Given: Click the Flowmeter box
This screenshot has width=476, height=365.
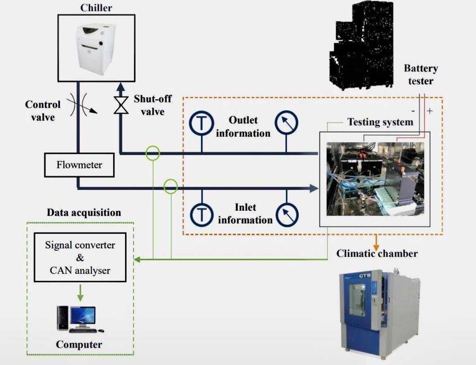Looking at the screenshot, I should [79, 165].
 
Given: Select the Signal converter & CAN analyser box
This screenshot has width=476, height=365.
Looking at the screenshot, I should [80, 257].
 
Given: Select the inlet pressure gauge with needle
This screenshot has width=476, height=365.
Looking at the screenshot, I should [286, 214].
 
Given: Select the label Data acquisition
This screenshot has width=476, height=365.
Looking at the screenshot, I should [84, 213].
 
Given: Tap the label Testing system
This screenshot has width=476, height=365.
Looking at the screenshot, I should [380, 122].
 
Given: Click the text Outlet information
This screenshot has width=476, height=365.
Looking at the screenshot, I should [243, 126].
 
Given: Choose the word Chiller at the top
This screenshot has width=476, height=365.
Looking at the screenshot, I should [96, 8].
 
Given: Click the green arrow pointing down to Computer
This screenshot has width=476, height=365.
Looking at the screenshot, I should [80, 292].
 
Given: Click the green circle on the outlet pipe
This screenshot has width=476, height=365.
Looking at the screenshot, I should [153, 153].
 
